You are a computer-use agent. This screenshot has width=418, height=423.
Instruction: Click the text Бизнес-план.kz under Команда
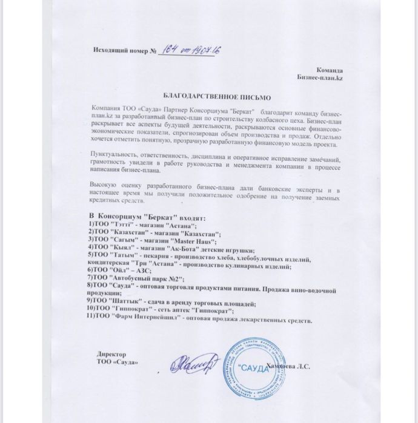320,79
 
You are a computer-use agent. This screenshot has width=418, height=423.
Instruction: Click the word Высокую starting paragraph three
102,182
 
